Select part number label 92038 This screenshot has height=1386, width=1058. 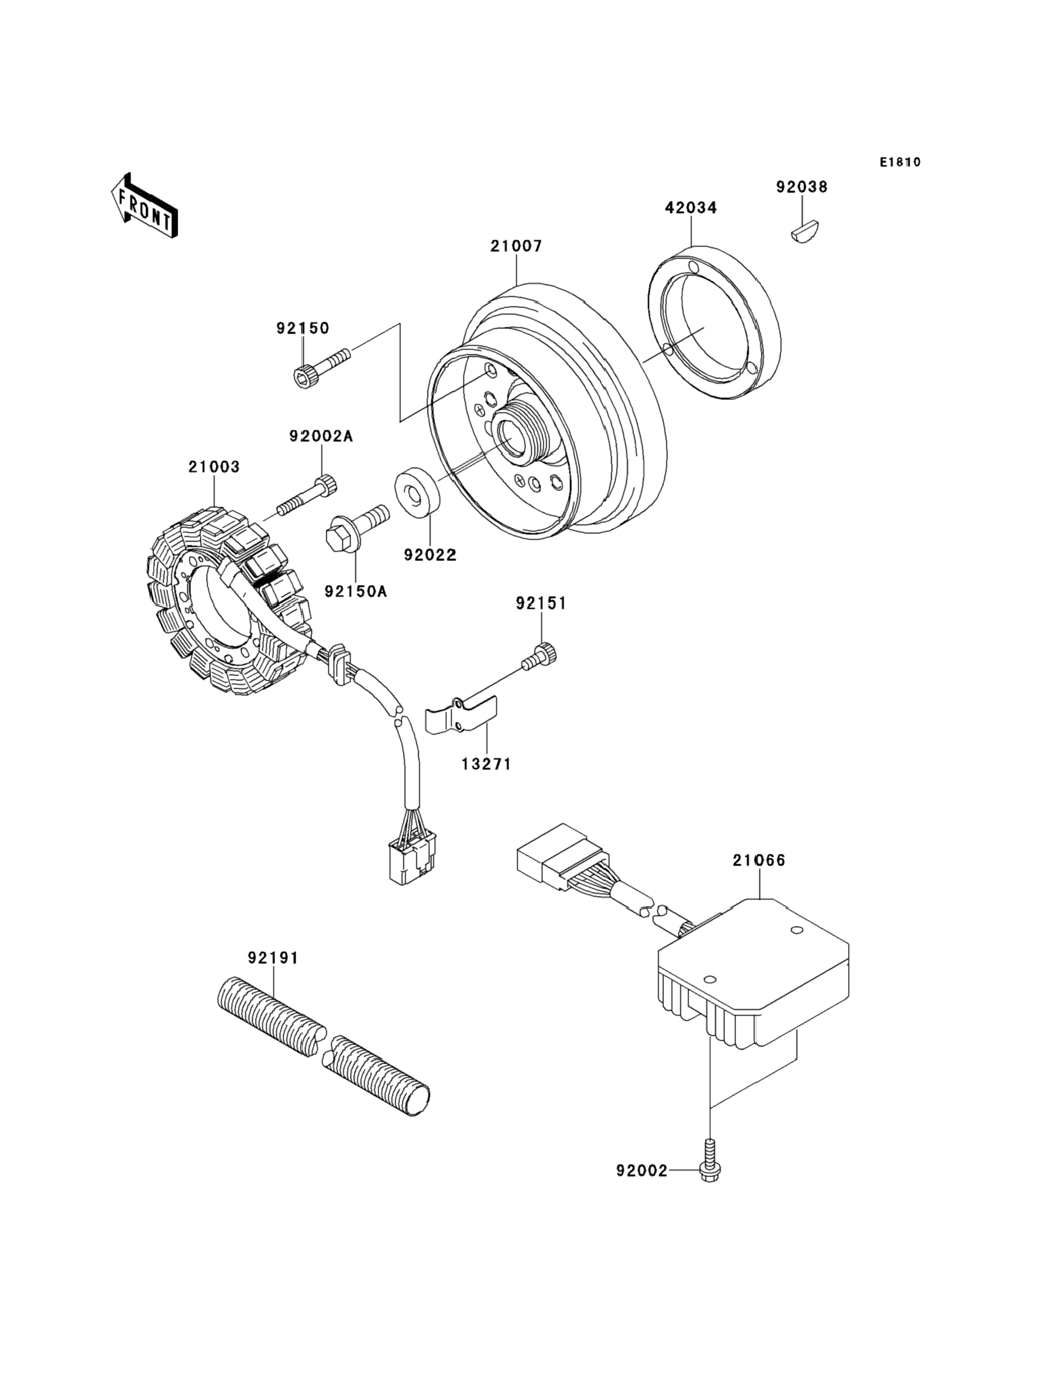pyautogui.click(x=802, y=187)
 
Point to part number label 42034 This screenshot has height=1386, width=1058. pyautogui.click(x=691, y=208)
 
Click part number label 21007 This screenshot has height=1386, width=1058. pyautogui.click(x=517, y=246)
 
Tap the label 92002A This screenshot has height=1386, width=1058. pyautogui.click(x=321, y=436)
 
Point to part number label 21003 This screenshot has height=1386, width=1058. pyautogui.click(x=214, y=467)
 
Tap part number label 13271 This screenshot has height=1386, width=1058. pyautogui.click(x=486, y=763)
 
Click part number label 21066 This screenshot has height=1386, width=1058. pyautogui.click(x=759, y=860)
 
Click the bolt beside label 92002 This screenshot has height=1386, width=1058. pyautogui.click(x=710, y=1161)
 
